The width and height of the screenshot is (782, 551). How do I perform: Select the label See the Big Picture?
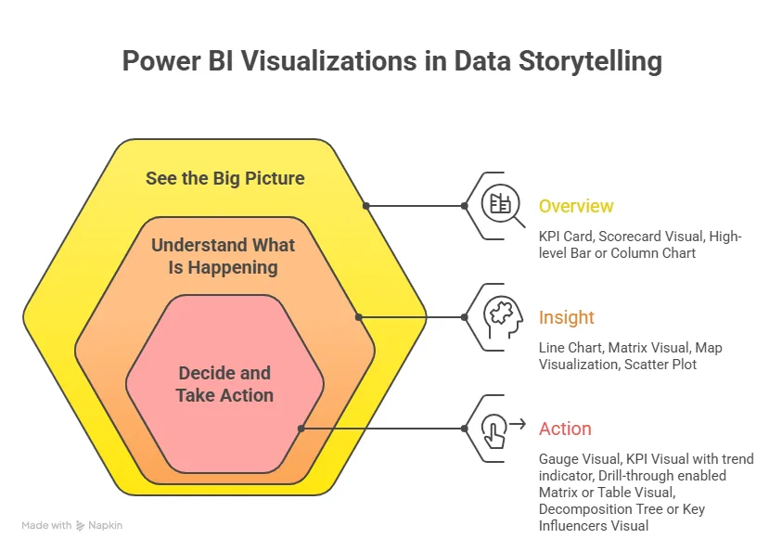pyautogui.click(x=224, y=178)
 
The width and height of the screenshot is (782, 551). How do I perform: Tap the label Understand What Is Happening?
pyautogui.click(x=224, y=257)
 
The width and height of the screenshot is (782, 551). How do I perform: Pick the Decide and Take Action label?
pyautogui.click(x=224, y=384)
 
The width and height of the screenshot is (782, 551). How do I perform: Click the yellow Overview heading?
pyautogui.click(x=576, y=206)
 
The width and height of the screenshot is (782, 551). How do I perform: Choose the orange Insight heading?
pyautogui.click(x=566, y=317)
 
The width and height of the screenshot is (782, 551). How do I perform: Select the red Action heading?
pyautogui.click(x=565, y=429)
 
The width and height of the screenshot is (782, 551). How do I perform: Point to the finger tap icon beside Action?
pyautogui.click(x=495, y=429)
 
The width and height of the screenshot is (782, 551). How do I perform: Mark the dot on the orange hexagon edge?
pyautogui.click(x=358, y=317)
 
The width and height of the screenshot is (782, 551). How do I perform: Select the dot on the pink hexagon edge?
pyautogui.click(x=301, y=429)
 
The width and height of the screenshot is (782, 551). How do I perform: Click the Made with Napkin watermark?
pyautogui.click(x=71, y=525)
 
